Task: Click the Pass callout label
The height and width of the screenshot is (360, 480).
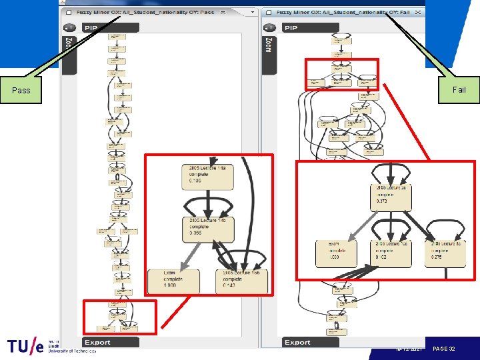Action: click(21, 90)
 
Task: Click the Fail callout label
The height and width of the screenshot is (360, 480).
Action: click(459, 90)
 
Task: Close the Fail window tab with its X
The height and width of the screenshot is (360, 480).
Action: click(418, 13)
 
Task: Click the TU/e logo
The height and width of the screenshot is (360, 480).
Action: click(27, 347)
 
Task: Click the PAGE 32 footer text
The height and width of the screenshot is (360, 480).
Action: click(444, 349)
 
